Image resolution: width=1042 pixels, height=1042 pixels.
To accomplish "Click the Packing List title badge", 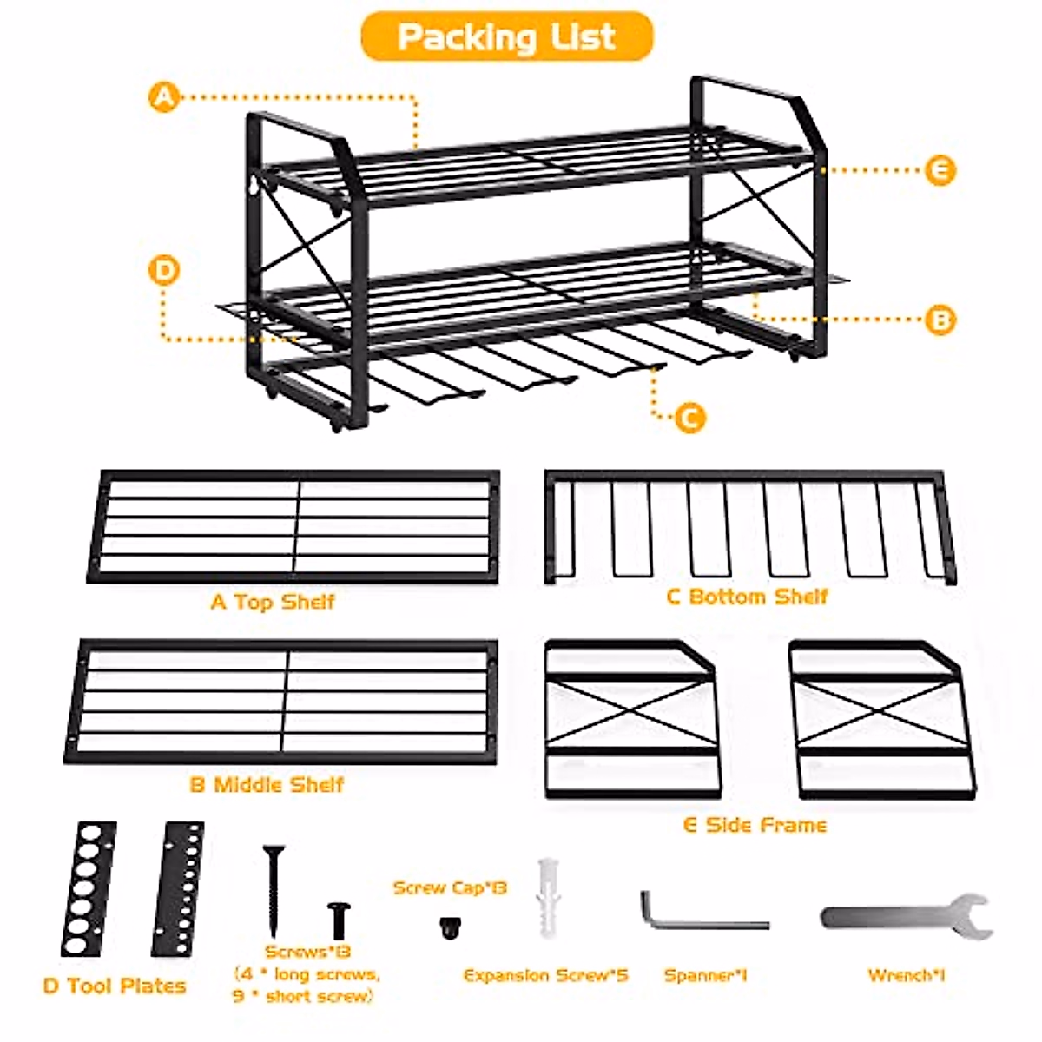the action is point(506,36).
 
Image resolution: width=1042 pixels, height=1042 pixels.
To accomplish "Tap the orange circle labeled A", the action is point(163,96).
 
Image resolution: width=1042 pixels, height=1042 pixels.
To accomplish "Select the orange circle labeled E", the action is point(939,170).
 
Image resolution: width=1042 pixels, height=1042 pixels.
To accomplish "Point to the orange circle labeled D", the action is point(163,271).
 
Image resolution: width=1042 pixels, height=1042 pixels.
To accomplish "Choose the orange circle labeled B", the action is point(939,320).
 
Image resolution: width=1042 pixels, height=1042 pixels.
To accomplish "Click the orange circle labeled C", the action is point(689,418).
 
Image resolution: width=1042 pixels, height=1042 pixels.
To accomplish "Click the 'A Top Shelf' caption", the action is point(273,602).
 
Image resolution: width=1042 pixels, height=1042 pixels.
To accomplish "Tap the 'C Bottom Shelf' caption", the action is point(747,597).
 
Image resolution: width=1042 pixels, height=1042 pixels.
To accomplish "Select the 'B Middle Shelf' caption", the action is point(267,785).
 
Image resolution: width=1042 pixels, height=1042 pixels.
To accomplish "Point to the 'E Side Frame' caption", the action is point(755,825).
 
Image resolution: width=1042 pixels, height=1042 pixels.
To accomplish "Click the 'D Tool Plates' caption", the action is point(115,986).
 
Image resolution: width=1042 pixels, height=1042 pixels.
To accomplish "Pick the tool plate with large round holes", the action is point(88,888).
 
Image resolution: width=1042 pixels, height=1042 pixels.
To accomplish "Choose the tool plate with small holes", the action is point(179,888).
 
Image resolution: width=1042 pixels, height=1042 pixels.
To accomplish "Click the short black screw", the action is point(339,920).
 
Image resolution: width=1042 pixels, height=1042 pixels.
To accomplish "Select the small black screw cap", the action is point(450,928).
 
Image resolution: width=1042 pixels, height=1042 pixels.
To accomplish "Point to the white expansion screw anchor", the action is point(547,897).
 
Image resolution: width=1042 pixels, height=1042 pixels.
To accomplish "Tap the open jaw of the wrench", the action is point(973,916).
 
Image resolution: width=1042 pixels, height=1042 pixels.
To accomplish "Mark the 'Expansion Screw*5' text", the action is point(545,976).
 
